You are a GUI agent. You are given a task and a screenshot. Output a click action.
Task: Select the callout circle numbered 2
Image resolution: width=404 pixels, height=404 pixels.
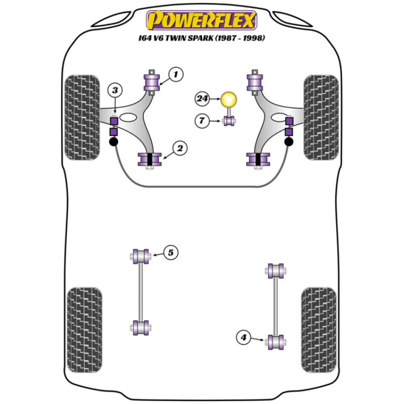click(180, 148)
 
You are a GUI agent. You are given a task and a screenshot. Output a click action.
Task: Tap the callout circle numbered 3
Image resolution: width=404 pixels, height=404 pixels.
click(115, 90)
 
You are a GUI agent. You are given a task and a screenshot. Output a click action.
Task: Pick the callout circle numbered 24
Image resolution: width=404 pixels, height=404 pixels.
click(202, 98)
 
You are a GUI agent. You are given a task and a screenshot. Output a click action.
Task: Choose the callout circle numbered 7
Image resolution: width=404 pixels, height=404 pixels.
click(202, 120)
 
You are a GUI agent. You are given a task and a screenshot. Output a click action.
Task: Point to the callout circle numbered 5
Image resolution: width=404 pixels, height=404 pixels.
click(170, 253)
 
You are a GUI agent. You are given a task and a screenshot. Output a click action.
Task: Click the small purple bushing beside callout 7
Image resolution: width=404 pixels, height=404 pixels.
click(229, 120)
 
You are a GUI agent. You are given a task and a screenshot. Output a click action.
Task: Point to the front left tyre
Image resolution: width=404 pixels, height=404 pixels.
click(82, 117)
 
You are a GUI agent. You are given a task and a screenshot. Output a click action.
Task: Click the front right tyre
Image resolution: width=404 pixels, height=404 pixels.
click(321, 117)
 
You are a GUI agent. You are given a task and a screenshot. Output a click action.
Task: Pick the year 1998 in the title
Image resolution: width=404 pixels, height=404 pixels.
click(253, 39)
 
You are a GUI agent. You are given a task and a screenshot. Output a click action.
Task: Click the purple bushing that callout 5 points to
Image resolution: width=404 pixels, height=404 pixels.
click(141, 256)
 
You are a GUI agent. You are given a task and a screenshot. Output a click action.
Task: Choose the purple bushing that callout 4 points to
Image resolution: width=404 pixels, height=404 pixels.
click(276, 342)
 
